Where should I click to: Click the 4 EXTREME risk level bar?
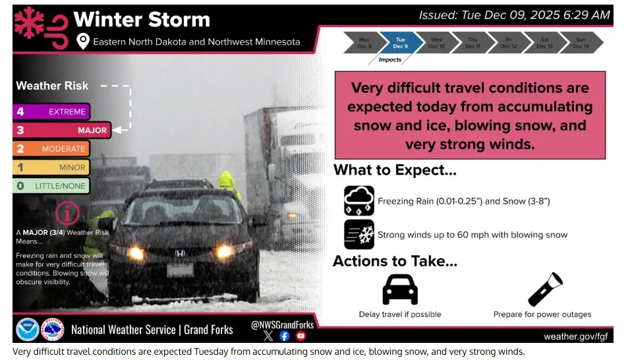pyautogui.click(x=51, y=112)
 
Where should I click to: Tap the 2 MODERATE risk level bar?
pyautogui.click(x=51, y=149)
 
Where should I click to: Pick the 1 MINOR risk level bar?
pyautogui.click(x=51, y=167)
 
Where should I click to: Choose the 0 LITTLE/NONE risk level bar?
pyautogui.click(x=51, y=186)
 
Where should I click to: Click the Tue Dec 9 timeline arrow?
pyautogui.click(x=400, y=44)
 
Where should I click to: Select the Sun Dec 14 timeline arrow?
pyautogui.click(x=581, y=44)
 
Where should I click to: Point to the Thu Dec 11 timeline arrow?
pyautogui.click(x=472, y=44)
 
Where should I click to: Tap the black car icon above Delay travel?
pyautogui.click(x=400, y=289)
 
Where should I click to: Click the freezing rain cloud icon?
pyautogui.click(x=359, y=200)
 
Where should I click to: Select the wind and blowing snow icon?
pyautogui.click(x=359, y=234)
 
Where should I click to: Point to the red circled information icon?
pyautogui.click(x=69, y=213)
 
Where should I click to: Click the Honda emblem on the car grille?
pyautogui.click(x=181, y=253)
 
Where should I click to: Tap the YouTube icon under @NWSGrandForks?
pyautogui.click(x=301, y=336)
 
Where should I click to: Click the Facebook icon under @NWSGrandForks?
pyautogui.click(x=285, y=336)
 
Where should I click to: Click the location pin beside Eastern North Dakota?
pyautogui.click(x=83, y=42)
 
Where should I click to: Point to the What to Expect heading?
pyautogui.click(x=395, y=170)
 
